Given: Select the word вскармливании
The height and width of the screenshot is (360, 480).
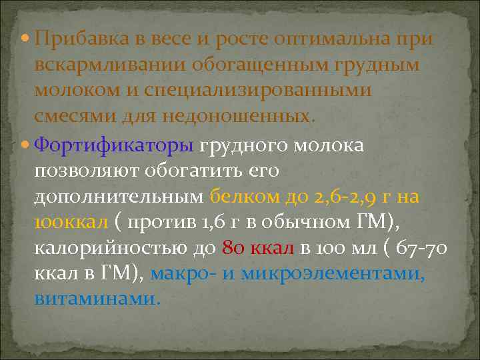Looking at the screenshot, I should click(110, 65).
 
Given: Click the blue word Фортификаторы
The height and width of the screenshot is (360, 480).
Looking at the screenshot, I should click(113, 145).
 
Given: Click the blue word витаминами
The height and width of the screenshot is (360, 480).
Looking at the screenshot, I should click(97, 299).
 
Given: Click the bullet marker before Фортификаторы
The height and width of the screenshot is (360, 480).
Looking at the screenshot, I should click(25, 145).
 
